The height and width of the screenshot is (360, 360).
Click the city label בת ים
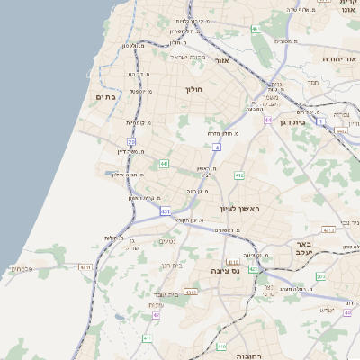tap(106, 96)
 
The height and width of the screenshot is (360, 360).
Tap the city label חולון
tap(195, 90)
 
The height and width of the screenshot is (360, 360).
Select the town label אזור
tap(222, 60)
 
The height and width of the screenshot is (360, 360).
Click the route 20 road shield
tap(131, 141)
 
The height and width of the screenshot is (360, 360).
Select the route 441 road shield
tap(164, 164)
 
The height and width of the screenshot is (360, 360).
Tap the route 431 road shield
tap(166, 211)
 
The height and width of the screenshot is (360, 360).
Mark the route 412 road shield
tap(239, 175)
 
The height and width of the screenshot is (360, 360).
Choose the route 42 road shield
tap(156, 315)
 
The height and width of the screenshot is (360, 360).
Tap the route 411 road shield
tap(147, 338)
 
